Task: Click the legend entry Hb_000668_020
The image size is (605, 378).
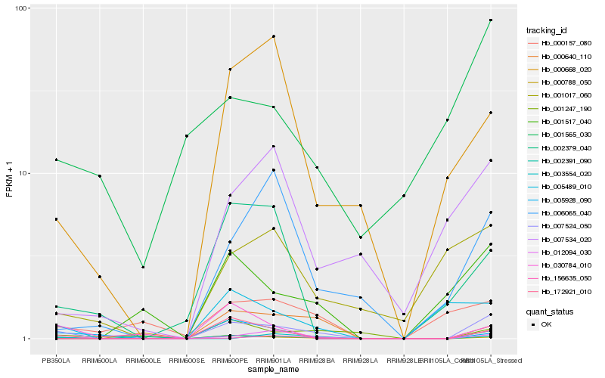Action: point(561,69)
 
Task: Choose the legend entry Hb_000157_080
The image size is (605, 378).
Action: point(561,43)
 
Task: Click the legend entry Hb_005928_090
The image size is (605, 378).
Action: point(561,199)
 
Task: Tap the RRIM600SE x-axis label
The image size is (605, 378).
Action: point(186,359)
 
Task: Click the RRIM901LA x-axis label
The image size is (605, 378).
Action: point(273,359)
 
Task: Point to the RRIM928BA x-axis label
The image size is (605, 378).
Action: point(317,359)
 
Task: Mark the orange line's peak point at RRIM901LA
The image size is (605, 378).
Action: point(273,36)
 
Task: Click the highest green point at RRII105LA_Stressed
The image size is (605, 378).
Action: point(491,20)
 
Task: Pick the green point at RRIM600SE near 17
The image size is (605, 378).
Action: point(186,136)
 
